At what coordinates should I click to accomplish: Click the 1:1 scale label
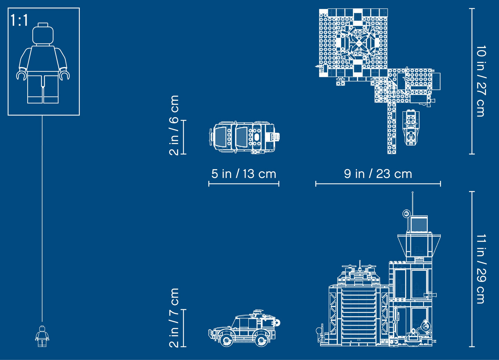(x=19, y=21)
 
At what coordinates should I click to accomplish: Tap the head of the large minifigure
(x=43, y=34)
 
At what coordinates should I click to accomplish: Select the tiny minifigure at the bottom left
(x=42, y=336)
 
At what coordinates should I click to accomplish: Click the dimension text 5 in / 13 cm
(x=244, y=174)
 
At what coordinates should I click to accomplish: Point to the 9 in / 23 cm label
(x=378, y=174)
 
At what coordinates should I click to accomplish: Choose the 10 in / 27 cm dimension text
(x=481, y=81)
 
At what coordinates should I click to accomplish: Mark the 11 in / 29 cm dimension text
(x=481, y=269)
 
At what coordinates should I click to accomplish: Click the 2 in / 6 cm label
(x=174, y=125)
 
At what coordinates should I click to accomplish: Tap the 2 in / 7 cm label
(x=174, y=318)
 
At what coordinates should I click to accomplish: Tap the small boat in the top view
(x=411, y=129)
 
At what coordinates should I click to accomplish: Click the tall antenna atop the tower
(x=412, y=204)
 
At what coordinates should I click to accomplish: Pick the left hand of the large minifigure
(x=64, y=74)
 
